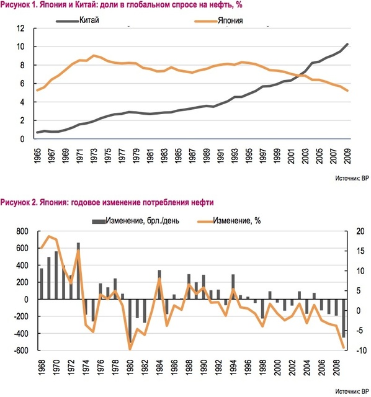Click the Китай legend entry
click(78, 20)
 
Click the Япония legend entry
click(218, 20)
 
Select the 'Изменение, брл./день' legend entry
click(135, 221)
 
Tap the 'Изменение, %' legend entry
click(229, 221)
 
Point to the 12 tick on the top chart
click(20, 28)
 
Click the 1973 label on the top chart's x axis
click(94, 156)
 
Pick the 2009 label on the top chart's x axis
click(347, 156)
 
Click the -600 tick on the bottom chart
click(21, 350)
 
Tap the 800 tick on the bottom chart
click(22, 231)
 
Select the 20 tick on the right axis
click(360, 231)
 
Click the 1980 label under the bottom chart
click(130, 368)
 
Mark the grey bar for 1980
click(130, 321)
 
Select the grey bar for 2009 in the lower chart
click(344, 318)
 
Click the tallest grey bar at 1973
click(78, 271)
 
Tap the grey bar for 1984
click(159, 285)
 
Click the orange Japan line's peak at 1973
click(94, 55)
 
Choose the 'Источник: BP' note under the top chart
click(352, 178)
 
